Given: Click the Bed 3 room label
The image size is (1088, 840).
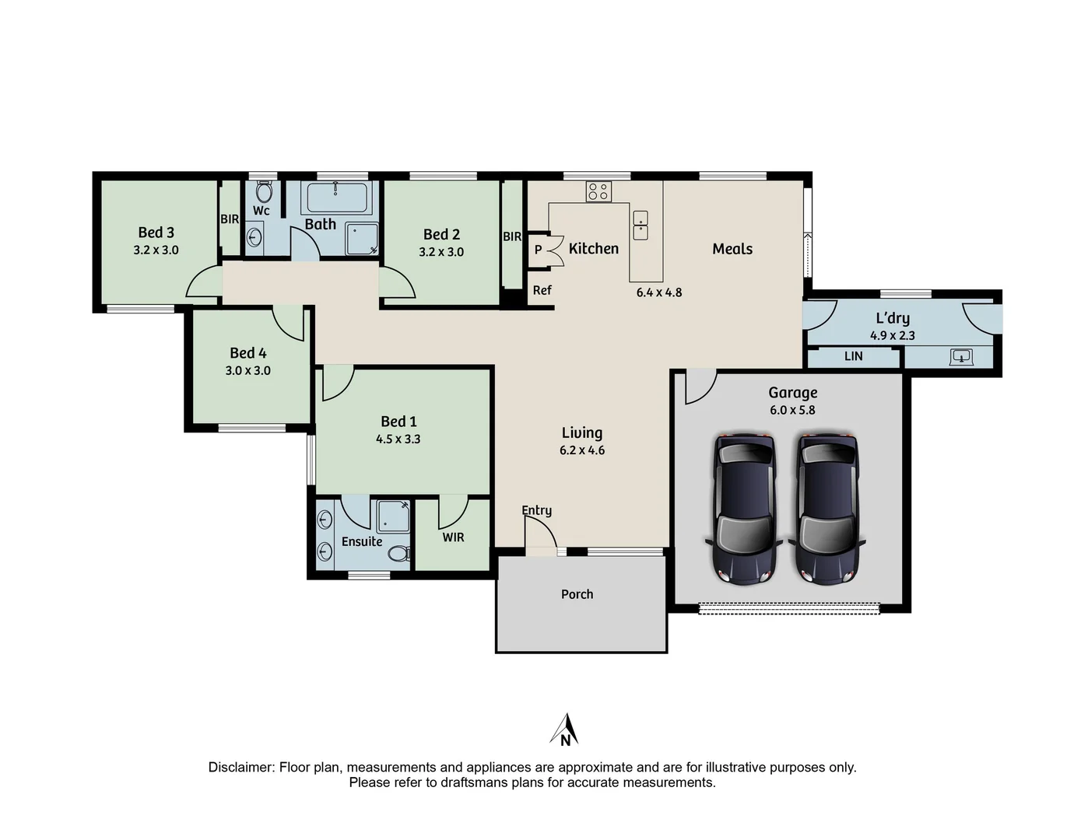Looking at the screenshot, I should coord(156,233).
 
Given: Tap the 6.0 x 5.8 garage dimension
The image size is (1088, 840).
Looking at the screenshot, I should coord(792,410).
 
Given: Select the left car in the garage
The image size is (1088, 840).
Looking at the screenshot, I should coord(745,509).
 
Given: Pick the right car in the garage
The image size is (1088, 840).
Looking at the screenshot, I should coord(827,509).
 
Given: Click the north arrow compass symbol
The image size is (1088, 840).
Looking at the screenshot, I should coord(565,730).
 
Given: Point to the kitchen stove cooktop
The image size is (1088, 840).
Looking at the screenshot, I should coord(598,191).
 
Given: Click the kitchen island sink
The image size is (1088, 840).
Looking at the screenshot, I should coord(640,225).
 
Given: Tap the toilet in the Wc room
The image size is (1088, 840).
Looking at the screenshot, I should coord(264,192).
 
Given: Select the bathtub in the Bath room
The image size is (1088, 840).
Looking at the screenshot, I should coord(336,198).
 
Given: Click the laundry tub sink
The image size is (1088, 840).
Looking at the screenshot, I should coord(961,357).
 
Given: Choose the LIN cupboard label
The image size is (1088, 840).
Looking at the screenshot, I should coord(853,356).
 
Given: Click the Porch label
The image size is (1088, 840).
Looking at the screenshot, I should coord(577,594).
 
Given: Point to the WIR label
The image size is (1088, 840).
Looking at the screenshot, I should coord(453,537).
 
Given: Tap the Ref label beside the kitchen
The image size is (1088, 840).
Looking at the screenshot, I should coord(542,290).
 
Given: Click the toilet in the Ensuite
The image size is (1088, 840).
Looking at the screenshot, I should coord(398,554).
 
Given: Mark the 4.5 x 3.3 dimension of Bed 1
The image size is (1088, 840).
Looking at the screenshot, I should coord(398,439).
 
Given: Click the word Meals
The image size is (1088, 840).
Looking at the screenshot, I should coord(732,249).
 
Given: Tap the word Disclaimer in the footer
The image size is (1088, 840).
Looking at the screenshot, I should coord(241,767).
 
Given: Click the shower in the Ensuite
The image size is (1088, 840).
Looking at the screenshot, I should coord(394,516).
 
